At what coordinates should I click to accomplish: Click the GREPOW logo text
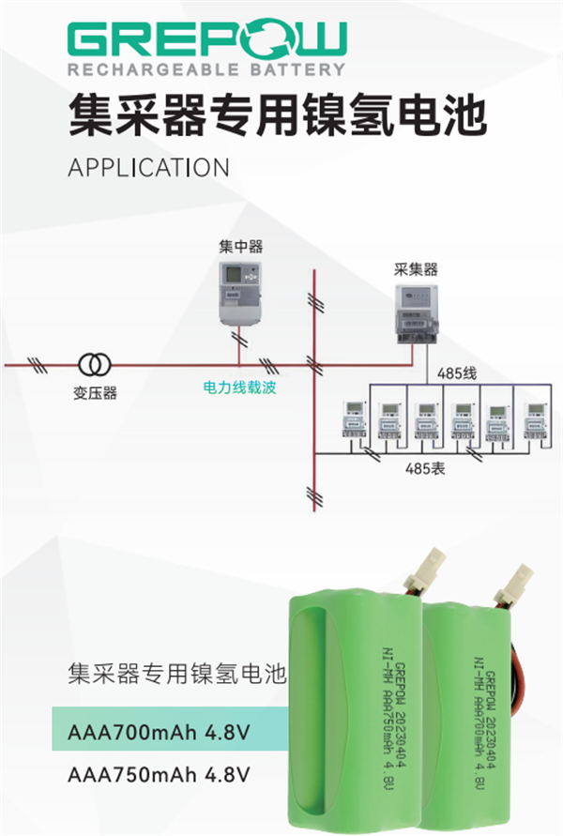coord(206,39)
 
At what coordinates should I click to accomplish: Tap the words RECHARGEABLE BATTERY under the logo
coord(206,69)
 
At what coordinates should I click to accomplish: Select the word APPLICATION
coord(149,167)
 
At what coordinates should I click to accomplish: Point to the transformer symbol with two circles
coord(92,363)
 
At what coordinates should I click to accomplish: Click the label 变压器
coord(96,393)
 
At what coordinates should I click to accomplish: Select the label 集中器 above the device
coord(241,247)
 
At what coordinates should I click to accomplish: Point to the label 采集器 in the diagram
coord(416,269)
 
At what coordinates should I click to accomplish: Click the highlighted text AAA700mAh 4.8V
coord(160,732)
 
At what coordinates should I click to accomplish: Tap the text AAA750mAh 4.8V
coord(160,775)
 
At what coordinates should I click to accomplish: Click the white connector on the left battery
coord(434,568)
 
